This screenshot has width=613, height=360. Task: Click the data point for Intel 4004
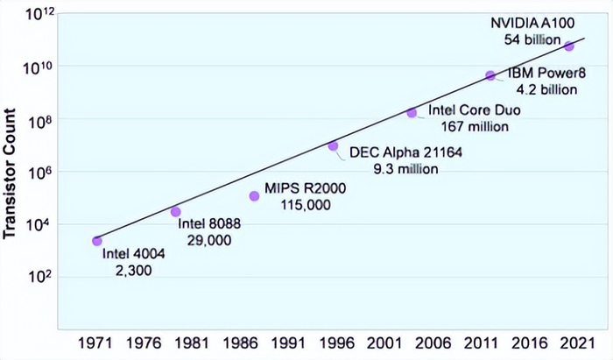coord(96,241)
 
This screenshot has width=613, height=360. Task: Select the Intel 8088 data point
coord(175,212)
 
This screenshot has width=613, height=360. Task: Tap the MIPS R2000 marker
coord(254,196)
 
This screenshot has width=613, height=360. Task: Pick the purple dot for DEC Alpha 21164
coord(333,146)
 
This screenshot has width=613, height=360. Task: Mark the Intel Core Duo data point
coord(412,113)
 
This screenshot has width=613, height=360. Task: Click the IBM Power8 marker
coord(490,75)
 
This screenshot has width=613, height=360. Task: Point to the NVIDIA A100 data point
coord(569,46)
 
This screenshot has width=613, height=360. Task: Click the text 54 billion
coord(532,39)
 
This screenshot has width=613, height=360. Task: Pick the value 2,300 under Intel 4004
coord(133,272)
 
